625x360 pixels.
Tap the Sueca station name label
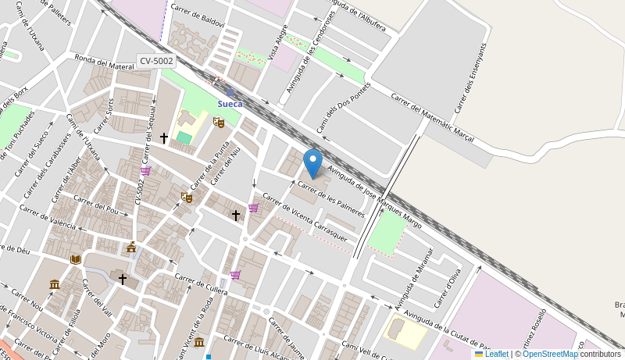230,104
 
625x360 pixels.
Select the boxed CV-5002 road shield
157,61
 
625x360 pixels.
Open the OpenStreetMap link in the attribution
550,354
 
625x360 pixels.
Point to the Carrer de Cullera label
201,284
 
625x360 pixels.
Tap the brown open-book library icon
75,259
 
